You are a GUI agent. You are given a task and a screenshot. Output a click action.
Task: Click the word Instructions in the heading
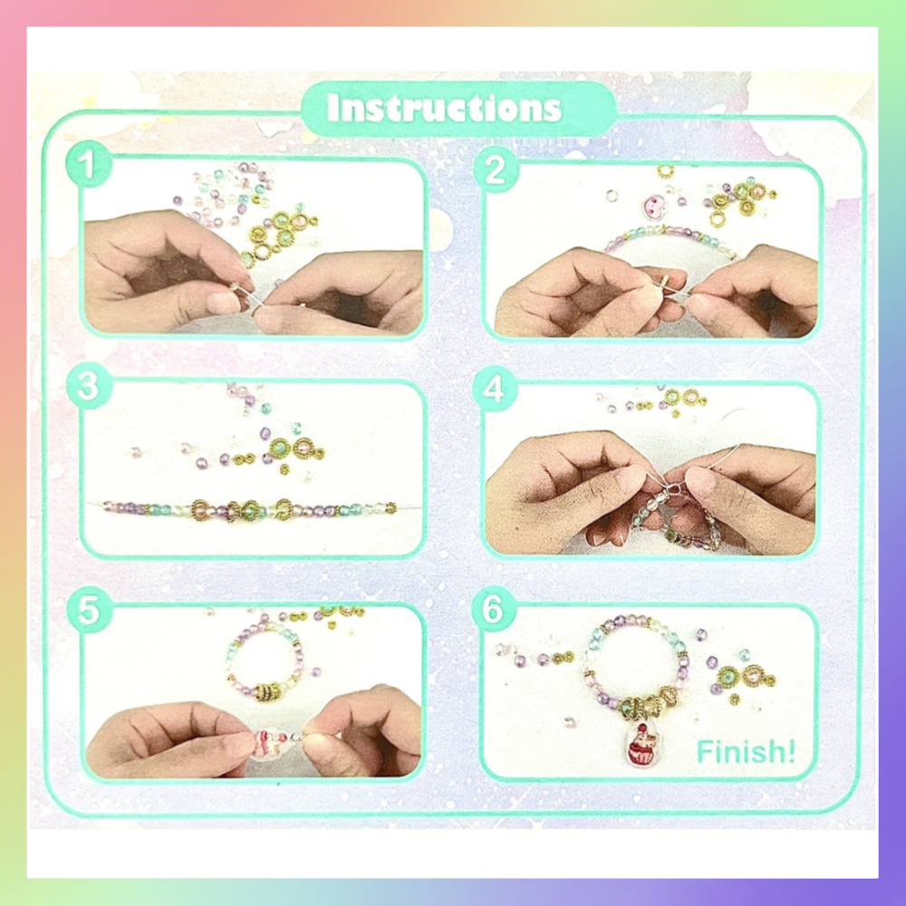point(444,108)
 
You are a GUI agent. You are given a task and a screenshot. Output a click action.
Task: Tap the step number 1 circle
point(89,163)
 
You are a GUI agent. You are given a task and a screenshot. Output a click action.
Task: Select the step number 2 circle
point(496,169)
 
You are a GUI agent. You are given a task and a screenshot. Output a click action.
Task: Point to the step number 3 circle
point(89,385)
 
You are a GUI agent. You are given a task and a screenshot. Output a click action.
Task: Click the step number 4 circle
point(495,389)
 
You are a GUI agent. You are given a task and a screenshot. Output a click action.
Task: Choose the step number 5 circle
point(89,610)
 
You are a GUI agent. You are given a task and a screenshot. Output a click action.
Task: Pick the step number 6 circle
point(494,609)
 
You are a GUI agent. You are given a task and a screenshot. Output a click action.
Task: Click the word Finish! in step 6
point(746,752)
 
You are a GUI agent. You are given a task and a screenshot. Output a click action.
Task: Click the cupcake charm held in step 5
point(269,744)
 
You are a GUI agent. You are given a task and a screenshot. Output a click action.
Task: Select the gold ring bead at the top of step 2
point(666,171)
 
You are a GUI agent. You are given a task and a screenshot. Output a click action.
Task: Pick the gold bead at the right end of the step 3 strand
point(391,508)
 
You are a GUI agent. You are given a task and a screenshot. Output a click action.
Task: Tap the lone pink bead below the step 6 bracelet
point(570,722)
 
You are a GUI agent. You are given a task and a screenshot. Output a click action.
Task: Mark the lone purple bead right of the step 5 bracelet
point(316,672)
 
